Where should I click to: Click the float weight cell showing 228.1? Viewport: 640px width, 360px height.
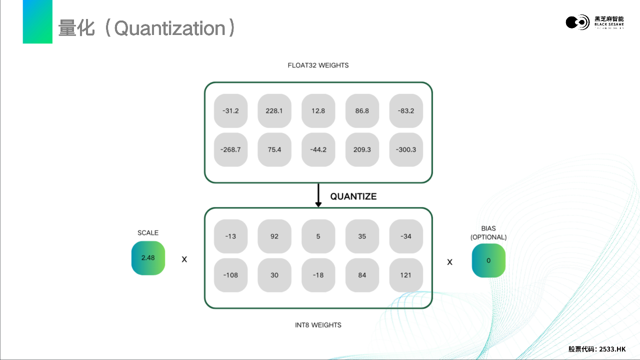(x=274, y=111)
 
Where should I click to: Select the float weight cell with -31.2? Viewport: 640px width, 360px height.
(x=230, y=111)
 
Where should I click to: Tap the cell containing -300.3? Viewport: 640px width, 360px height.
(x=406, y=149)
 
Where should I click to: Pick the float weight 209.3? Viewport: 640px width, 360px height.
(x=362, y=149)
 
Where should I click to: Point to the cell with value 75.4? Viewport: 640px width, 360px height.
(x=274, y=149)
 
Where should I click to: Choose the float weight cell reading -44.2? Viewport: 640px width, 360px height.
(x=318, y=149)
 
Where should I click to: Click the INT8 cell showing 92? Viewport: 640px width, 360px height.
(x=274, y=236)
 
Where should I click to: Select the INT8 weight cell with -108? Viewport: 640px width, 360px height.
(x=230, y=275)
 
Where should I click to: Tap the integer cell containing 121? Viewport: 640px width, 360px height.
(x=406, y=275)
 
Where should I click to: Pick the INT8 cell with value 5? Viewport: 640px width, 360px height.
(x=318, y=236)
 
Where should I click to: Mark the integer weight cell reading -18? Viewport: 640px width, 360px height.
(x=318, y=275)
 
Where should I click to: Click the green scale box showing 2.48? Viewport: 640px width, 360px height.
(x=148, y=258)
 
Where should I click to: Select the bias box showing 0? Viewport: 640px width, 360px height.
(x=488, y=260)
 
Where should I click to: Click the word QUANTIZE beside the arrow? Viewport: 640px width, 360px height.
(x=353, y=197)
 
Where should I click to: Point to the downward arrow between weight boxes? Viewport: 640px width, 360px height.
(x=318, y=195)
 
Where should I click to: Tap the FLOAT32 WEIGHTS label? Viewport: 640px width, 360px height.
(x=318, y=65)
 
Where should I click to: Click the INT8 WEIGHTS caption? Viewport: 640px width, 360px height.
(x=318, y=325)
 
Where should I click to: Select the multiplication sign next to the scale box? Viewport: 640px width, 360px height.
(x=184, y=259)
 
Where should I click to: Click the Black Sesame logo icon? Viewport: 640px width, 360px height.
(x=577, y=22)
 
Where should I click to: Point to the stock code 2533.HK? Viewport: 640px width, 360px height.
(x=612, y=349)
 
